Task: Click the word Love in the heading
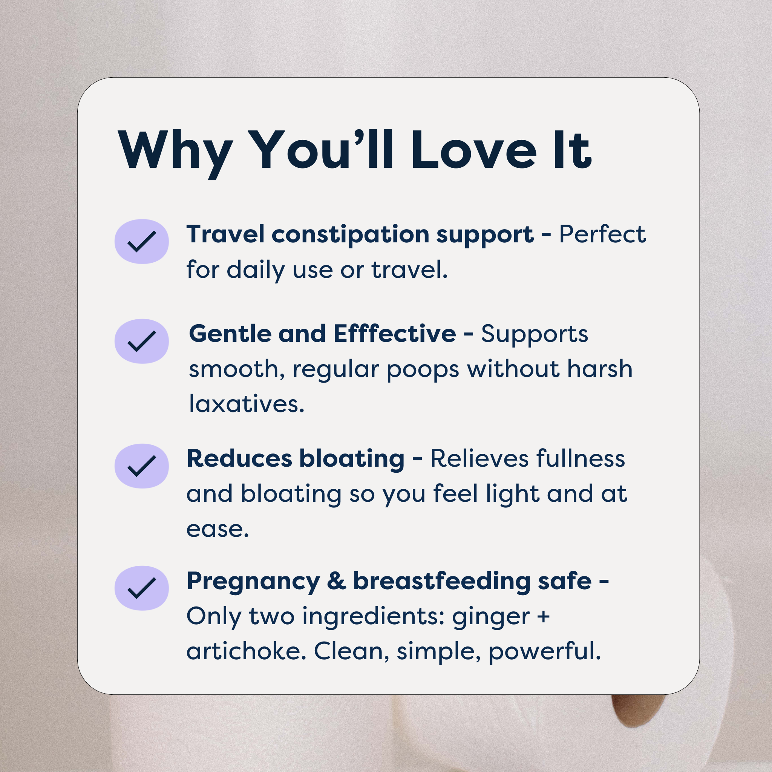click(x=474, y=151)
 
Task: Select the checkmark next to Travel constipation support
click(x=141, y=241)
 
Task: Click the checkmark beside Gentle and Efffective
click(x=141, y=341)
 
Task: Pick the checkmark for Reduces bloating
click(x=141, y=466)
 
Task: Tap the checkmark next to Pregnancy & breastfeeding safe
click(x=141, y=588)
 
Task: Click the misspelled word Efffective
click(x=394, y=334)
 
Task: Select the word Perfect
click(x=602, y=234)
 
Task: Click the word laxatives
click(x=247, y=404)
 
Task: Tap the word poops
click(x=423, y=370)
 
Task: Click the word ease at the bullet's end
click(x=218, y=530)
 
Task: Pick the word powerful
click(x=544, y=652)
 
